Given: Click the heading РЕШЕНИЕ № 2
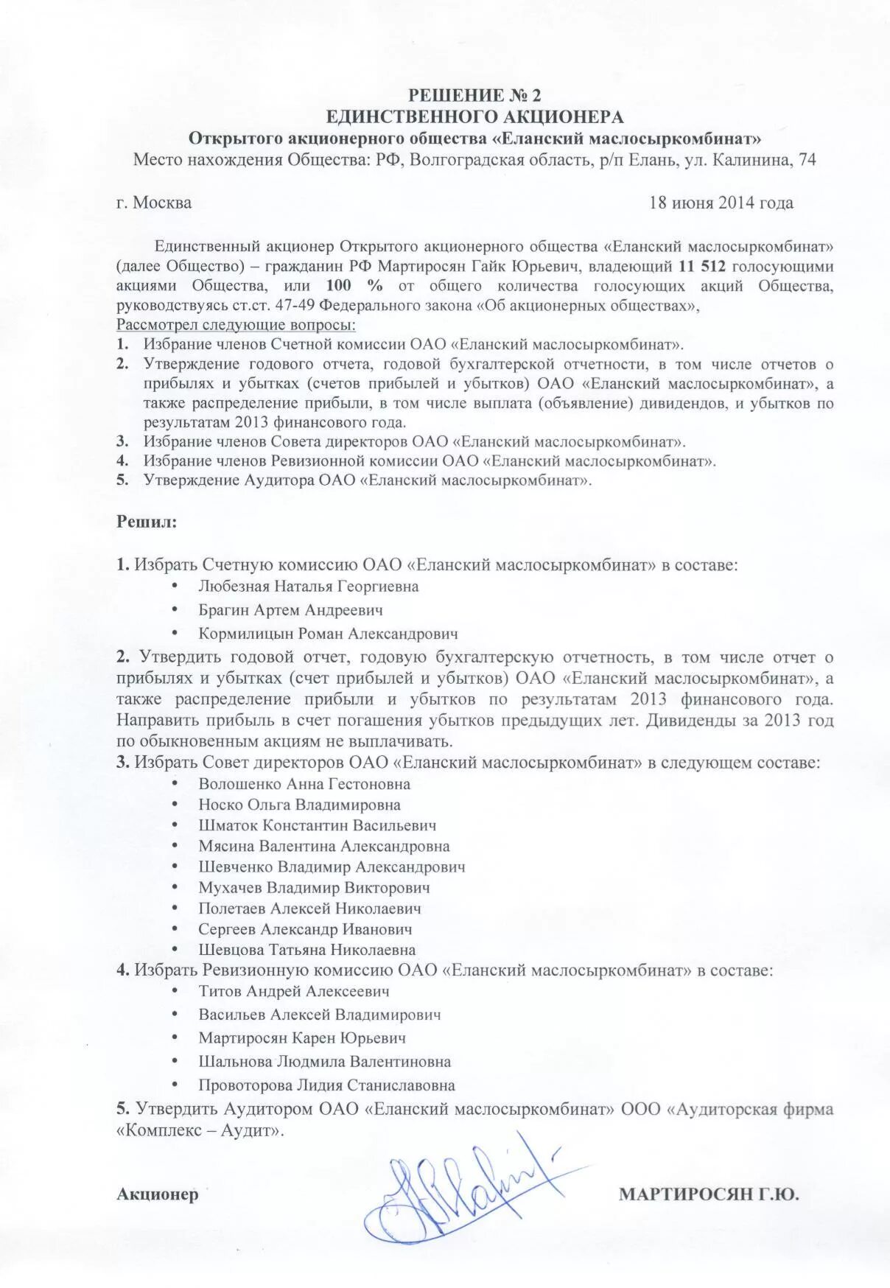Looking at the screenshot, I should coord(474,95).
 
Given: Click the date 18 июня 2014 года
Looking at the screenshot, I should coord(721,203).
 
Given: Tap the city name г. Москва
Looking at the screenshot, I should coord(154,203).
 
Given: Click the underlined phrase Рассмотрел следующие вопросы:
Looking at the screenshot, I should coord(236,324).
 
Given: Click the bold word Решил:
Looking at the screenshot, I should coord(147,522).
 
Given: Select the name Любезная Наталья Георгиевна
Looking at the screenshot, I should coord(308,587).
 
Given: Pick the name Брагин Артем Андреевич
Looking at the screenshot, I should coord(290,610).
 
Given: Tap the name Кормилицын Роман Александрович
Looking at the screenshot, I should coord(328,634).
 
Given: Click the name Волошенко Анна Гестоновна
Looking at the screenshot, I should coord(304,784).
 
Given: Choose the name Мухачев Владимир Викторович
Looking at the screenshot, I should coord(314,888).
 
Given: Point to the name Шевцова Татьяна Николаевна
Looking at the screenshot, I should coord(306,950).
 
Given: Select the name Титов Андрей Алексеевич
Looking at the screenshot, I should coord(294,991).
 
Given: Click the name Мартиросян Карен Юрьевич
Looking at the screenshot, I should coord(302,1038).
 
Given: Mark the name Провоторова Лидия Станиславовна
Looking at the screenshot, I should coord(326,1085).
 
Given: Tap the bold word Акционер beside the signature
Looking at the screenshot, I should coord(158,1194).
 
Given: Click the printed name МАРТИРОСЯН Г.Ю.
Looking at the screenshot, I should coord(708,1194).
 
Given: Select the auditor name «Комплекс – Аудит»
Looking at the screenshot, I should coord(200,1130).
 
